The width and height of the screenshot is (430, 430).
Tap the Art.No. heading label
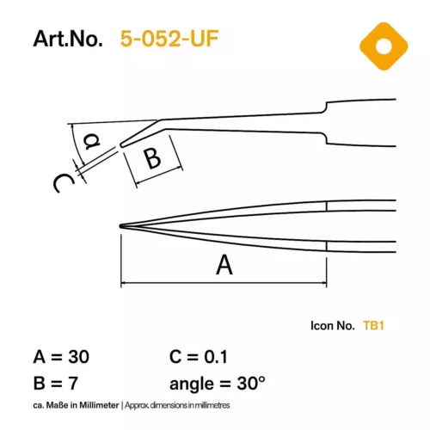coord(68,40)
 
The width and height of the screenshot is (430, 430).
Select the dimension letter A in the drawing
coord(224,266)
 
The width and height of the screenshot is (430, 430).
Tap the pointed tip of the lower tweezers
coord(121,226)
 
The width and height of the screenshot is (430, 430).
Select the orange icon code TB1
coord(373,326)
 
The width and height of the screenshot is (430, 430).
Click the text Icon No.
coord(332,326)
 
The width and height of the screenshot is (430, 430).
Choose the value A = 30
coord(61,356)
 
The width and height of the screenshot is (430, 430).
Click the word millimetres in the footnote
coord(212,404)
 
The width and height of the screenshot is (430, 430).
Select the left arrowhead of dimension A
coord(124,282)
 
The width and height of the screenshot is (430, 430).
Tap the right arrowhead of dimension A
coord(323,282)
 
